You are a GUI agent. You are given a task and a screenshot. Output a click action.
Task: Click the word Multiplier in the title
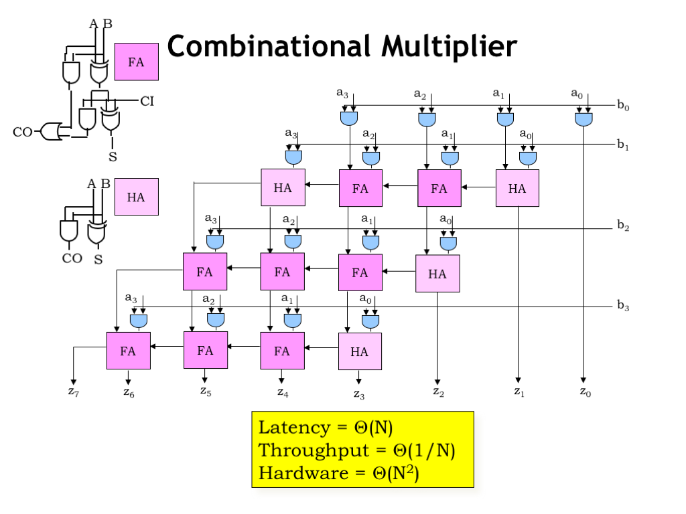coord(450,47)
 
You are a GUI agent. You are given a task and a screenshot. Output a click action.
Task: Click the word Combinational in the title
coord(269,47)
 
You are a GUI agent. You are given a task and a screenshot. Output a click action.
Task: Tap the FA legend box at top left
coord(137,62)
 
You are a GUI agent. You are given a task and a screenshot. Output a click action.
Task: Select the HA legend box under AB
coord(137,197)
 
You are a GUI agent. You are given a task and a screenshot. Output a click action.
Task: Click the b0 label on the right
coord(624,105)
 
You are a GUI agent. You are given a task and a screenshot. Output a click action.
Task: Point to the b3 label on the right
coord(624,307)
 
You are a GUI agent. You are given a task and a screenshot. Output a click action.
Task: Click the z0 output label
coord(586,393)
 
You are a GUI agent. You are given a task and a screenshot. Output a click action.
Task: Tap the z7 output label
coord(74,392)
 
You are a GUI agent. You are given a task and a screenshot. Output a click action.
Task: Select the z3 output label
coord(360,394)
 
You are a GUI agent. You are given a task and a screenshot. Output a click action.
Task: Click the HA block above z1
coord(517,188)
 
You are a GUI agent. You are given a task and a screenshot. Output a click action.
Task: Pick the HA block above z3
coord(360,351)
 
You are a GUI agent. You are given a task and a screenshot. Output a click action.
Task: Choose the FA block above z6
coord(128,350)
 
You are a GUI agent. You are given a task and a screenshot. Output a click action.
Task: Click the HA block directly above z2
coord(437,273)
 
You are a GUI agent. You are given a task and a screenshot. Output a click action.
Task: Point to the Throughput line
coord(357,450)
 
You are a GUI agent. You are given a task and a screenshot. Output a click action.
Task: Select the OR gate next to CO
coord(51,131)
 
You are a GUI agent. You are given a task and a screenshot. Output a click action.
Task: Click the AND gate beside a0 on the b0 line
coord(584,120)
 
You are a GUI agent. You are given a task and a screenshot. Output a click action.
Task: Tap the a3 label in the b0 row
coord(342,93)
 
